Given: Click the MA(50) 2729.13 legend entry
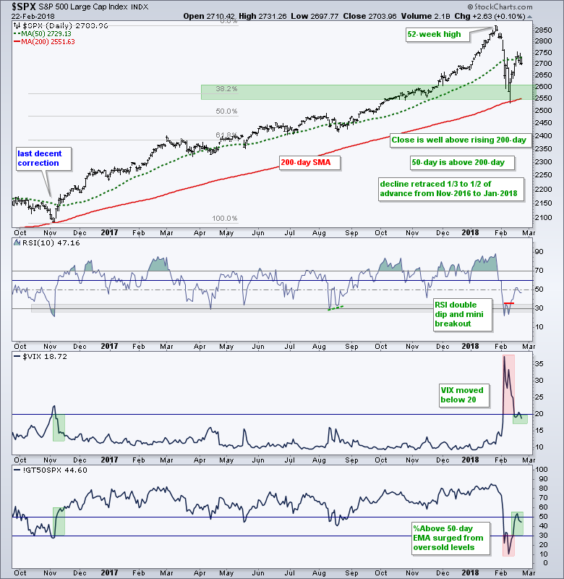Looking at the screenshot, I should tap(48, 33).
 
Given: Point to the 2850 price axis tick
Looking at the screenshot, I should tap(540, 30).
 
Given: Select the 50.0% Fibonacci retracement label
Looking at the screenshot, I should tap(227, 111).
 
